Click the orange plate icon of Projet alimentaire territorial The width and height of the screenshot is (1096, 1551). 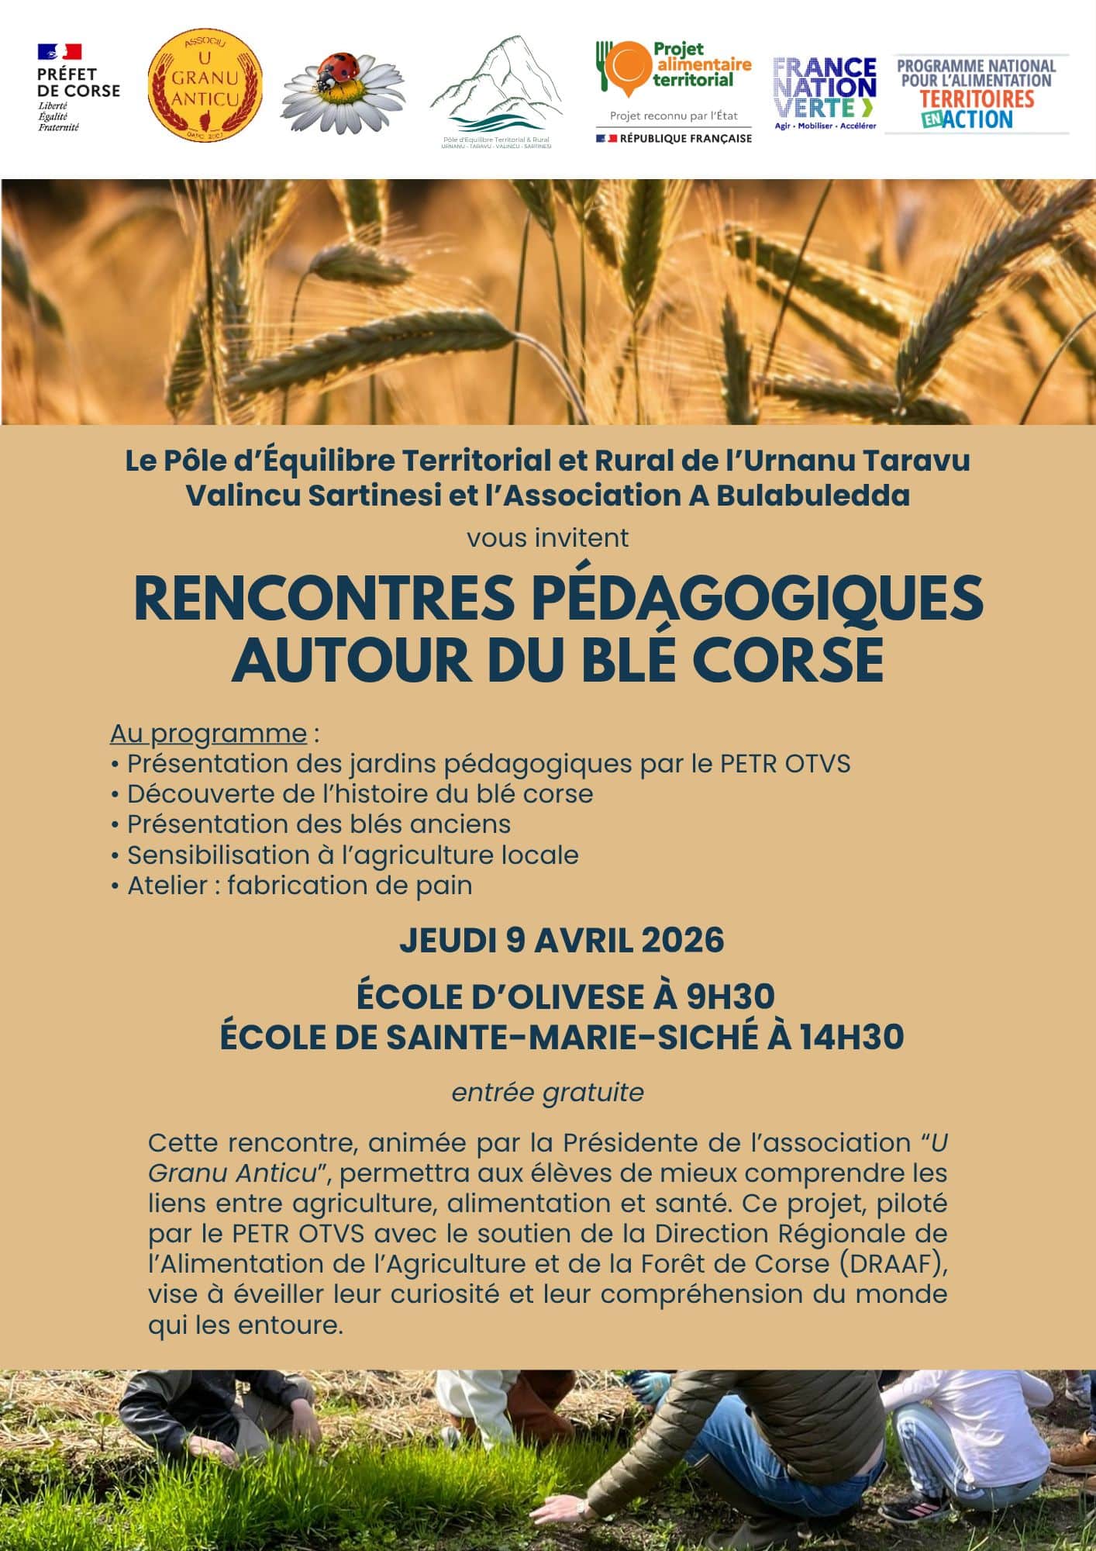point(625,67)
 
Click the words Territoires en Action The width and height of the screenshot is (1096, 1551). point(977,109)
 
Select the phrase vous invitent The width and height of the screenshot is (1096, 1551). point(547,538)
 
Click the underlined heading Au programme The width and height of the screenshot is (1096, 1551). point(209,733)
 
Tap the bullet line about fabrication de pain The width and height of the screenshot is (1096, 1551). point(299,886)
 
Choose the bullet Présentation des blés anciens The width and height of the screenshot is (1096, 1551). point(319,824)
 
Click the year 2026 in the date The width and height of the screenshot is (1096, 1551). point(682,940)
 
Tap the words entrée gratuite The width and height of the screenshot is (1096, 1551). point(547,1093)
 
